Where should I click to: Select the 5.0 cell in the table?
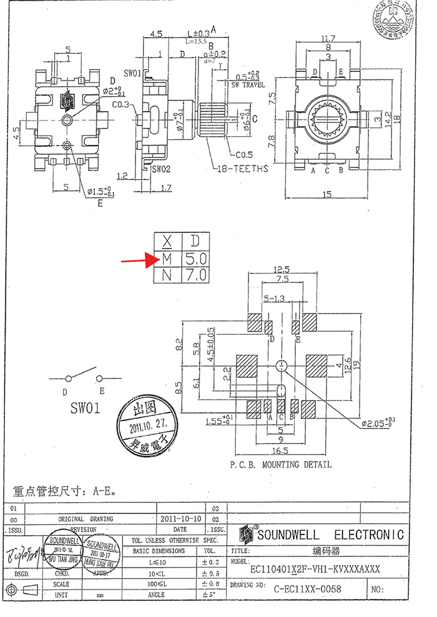click(x=195, y=257)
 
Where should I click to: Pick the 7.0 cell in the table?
click(x=195, y=274)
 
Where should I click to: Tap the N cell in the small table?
click(x=167, y=274)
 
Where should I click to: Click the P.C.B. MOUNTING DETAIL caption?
click(x=280, y=465)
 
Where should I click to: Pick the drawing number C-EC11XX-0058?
click(x=308, y=588)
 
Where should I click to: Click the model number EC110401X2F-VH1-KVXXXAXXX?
click(x=315, y=570)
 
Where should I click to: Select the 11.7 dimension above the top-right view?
click(x=328, y=39)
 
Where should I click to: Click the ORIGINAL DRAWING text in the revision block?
click(x=86, y=519)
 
